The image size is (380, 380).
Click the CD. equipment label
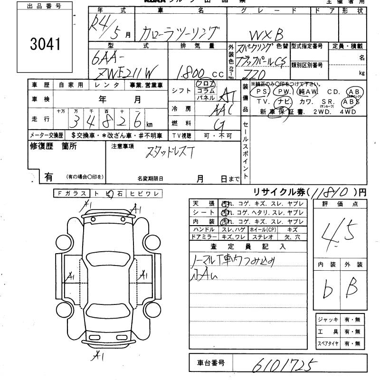(x=333, y=92)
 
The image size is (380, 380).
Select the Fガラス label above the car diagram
(x=71, y=193)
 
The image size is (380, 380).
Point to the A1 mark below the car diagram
(x=98, y=354)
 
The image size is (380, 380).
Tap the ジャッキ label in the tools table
(x=328, y=319)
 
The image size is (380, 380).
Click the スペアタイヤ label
(x=328, y=343)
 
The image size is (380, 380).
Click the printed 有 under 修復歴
(x=48, y=177)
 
